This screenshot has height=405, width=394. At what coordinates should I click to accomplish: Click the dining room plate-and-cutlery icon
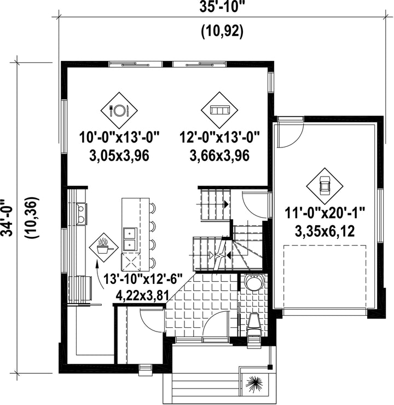pyautogui.click(x=119, y=110)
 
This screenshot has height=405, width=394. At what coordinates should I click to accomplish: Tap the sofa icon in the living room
pyautogui.click(x=219, y=110)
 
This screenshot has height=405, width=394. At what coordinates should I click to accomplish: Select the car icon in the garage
pyautogui.click(x=325, y=186)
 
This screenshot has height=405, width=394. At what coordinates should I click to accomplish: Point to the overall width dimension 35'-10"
pyautogui.click(x=222, y=7)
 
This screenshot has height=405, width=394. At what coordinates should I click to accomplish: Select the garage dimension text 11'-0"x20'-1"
pyautogui.click(x=325, y=214)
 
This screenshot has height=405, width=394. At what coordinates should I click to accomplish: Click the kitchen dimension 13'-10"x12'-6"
pyautogui.click(x=143, y=279)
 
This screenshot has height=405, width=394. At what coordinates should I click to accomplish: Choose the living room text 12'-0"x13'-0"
pyautogui.click(x=219, y=137)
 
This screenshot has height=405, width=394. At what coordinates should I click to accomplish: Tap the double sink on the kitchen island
pyautogui.click(x=130, y=239)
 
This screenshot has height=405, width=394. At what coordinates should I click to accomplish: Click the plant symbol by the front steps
pyautogui.click(x=254, y=383)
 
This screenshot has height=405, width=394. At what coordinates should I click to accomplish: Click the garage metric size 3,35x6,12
pyautogui.click(x=325, y=231)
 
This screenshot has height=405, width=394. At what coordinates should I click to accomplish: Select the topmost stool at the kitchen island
pyautogui.click(x=153, y=208)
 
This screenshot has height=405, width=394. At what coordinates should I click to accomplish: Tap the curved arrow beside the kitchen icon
pyautogui.click(x=100, y=275)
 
